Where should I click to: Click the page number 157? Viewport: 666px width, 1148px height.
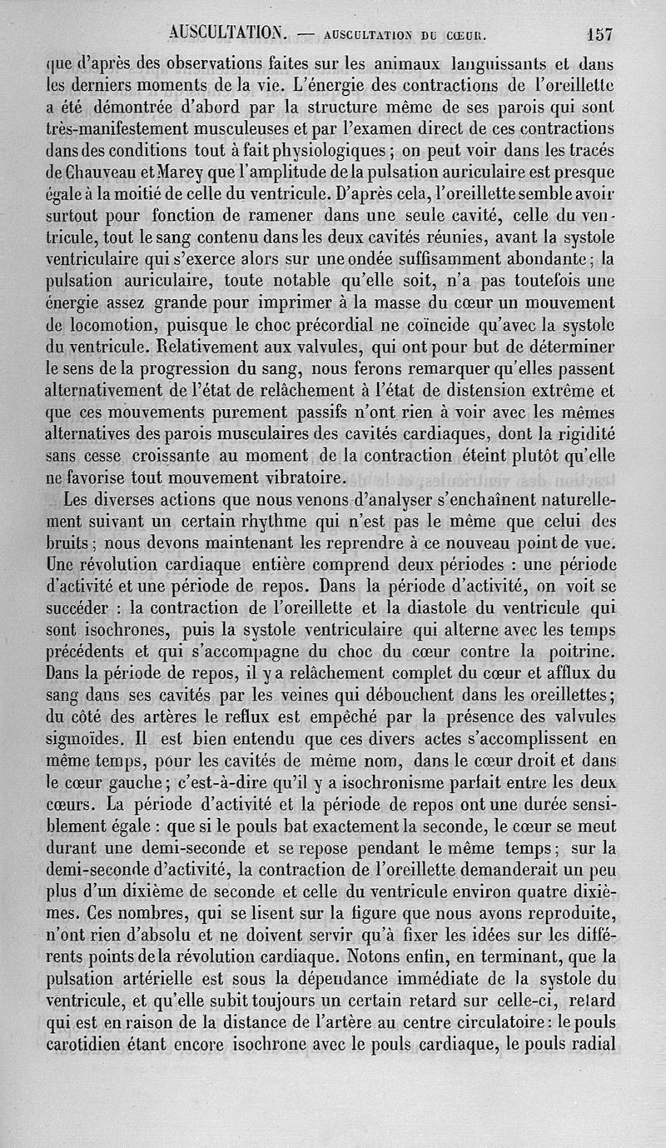click(599, 34)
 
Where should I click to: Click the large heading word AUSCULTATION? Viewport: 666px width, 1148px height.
click(227, 33)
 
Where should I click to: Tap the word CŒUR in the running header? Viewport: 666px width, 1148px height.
click(466, 36)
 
